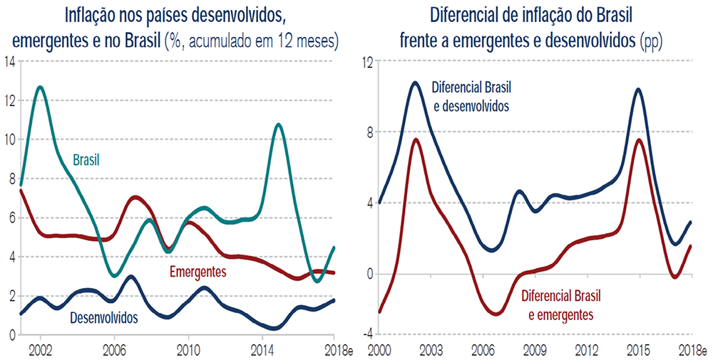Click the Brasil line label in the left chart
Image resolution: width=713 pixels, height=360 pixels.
click(x=86, y=160)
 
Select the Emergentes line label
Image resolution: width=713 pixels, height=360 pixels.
click(x=198, y=272)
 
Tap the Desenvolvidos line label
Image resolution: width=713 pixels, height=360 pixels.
click(x=103, y=318)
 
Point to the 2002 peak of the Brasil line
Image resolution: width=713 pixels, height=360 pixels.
click(x=40, y=87)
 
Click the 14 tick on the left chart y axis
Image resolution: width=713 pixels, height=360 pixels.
click(x=9, y=61)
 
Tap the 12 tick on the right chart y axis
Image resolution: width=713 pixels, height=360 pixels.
click(x=366, y=61)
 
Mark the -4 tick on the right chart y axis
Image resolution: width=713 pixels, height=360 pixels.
click(x=367, y=334)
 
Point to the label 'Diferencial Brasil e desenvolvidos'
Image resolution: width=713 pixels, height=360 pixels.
click(x=471, y=96)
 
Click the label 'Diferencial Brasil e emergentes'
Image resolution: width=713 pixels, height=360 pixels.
click(x=560, y=305)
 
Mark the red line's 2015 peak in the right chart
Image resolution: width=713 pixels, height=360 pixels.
click(x=638, y=140)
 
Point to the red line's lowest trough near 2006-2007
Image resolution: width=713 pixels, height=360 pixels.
click(x=496, y=314)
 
